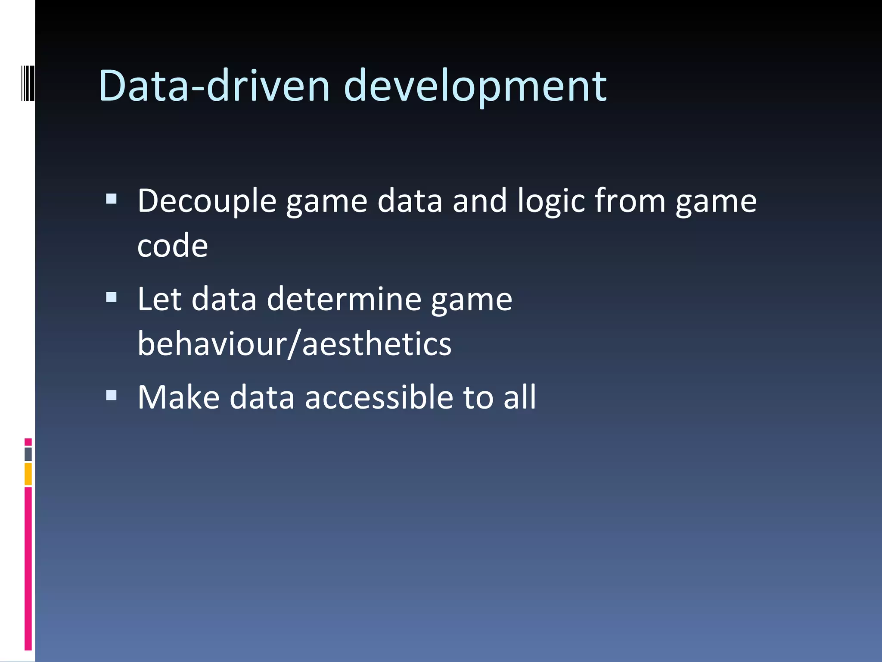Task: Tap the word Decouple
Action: click(207, 202)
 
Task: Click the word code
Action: click(172, 246)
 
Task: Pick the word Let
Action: click(159, 299)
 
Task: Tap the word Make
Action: click(178, 397)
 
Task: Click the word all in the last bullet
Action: click(520, 397)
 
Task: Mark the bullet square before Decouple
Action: click(111, 199)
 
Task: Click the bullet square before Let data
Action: click(111, 297)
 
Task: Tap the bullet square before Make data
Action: click(111, 395)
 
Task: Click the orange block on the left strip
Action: click(28, 474)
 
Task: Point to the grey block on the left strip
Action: click(28, 454)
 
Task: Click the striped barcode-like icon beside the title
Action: click(28, 83)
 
